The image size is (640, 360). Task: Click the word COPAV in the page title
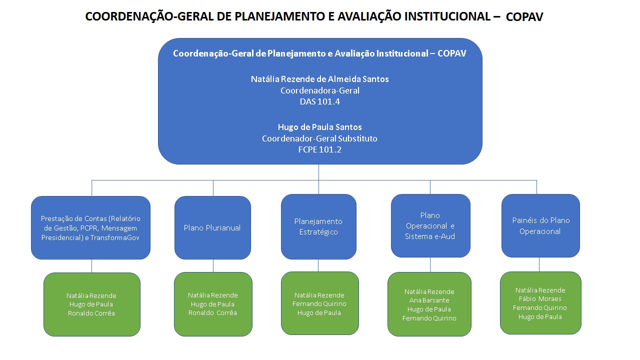tap(524, 17)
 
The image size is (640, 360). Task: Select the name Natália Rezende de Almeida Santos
tap(319, 79)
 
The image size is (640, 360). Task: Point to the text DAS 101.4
tap(319, 101)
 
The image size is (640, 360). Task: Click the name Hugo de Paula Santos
tap(319, 127)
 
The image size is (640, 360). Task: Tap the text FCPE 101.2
tap(319, 149)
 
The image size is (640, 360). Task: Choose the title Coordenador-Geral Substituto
tap(319, 138)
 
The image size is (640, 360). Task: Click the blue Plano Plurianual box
tap(212, 227)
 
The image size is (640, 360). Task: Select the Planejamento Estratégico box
tap(318, 226)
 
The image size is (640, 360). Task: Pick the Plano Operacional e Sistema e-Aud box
tap(430, 225)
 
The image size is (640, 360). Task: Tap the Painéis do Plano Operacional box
tap(540, 225)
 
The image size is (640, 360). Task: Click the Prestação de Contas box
tap(90, 227)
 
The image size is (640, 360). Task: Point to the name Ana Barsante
tap(429, 300)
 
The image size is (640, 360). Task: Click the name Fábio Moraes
tap(540, 299)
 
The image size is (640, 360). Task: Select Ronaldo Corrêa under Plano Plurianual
tap(212, 313)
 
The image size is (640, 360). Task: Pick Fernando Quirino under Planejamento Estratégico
tap(319, 304)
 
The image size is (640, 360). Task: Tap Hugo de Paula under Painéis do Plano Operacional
tap(540, 316)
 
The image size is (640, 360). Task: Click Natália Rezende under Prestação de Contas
tap(91, 295)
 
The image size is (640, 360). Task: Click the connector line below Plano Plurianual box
tap(213, 265)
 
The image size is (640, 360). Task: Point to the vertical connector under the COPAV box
tap(319, 172)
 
